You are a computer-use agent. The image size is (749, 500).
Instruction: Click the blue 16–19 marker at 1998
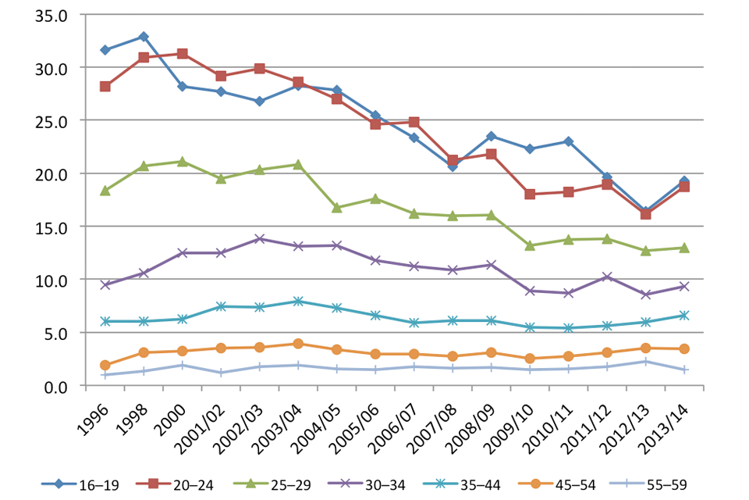coord(144,37)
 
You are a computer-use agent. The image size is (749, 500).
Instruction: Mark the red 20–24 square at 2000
coord(182,54)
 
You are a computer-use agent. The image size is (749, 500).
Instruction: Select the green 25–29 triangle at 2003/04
coord(297,165)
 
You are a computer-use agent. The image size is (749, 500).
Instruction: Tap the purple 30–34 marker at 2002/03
coord(259,238)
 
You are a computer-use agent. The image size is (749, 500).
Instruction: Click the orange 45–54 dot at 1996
coord(105,365)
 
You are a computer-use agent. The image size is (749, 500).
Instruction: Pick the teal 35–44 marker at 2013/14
coord(684,316)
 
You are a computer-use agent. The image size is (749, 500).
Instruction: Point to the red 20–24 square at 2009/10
coord(530,195)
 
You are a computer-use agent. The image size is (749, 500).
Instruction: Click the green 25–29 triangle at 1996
coord(105,191)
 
